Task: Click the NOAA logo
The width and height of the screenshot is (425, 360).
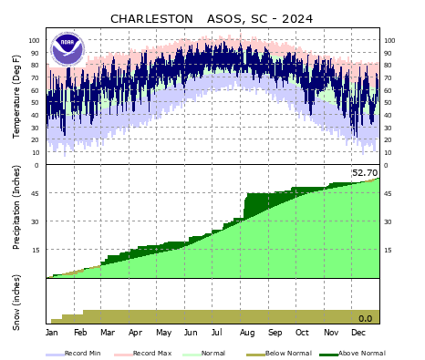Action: click(67, 47)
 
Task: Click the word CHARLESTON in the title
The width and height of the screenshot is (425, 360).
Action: click(151, 18)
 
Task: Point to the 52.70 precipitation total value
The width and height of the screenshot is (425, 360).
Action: click(364, 172)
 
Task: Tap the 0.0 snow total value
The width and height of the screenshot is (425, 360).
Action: click(365, 318)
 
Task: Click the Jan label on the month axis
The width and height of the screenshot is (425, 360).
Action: click(52, 333)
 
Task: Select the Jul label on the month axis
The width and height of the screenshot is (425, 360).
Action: click(219, 333)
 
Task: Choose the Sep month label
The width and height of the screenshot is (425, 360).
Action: click(275, 333)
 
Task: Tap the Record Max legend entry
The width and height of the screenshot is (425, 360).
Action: click(150, 353)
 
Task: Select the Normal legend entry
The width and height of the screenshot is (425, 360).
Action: click(212, 353)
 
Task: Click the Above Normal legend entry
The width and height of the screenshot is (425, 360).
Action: click(361, 353)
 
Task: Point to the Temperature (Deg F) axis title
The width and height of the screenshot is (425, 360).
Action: click(16, 97)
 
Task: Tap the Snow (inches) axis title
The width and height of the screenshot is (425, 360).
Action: click(16, 301)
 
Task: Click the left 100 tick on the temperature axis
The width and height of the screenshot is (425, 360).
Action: click(34, 41)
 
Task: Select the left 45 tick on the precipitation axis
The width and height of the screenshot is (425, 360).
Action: click(36, 193)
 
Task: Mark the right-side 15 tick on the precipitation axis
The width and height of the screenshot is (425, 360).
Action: click(388, 250)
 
